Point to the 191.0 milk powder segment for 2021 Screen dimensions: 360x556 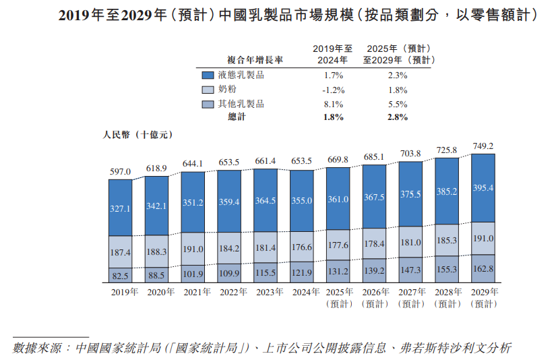[192, 248]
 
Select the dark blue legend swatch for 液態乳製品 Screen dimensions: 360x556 [206, 75]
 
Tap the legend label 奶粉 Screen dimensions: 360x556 [227, 89]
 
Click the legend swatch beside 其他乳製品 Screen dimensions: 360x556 [206, 104]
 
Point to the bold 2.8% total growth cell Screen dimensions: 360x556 [398, 117]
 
